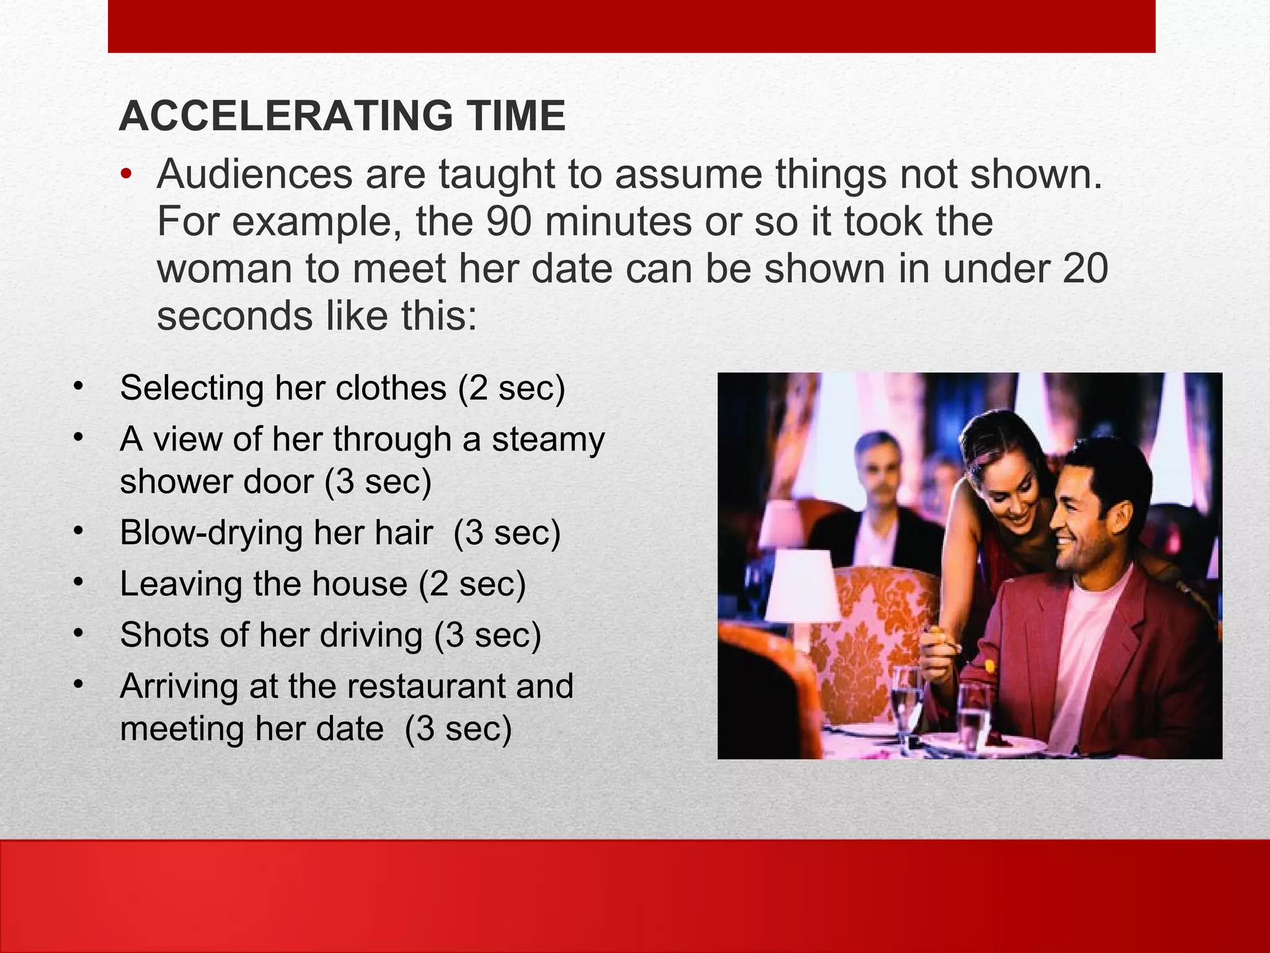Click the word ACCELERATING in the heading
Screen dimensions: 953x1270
point(286,116)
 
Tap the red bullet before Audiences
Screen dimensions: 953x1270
point(127,174)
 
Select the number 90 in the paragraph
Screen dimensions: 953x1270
point(508,221)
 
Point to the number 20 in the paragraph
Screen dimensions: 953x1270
point(1085,269)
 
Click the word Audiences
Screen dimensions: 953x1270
point(255,174)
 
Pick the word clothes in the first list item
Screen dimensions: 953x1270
point(391,388)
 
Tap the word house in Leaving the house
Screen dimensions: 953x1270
point(360,584)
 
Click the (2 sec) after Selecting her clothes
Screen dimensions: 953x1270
point(512,388)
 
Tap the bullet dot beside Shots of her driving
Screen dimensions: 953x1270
point(78,633)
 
